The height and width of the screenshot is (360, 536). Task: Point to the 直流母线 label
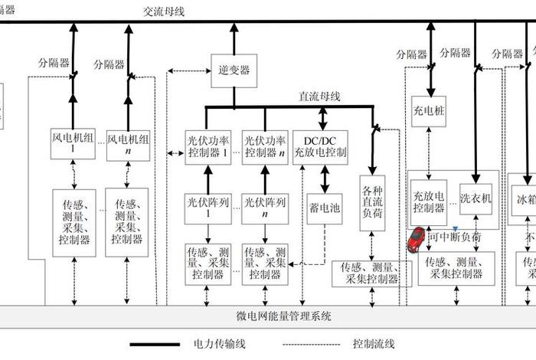[x=319, y=97]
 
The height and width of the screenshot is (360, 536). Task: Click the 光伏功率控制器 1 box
[x=208, y=146]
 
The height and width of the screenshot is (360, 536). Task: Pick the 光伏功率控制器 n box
[x=264, y=146]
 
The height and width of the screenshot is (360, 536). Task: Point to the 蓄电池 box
[x=324, y=208]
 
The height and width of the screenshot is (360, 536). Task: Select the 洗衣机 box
[x=475, y=198]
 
